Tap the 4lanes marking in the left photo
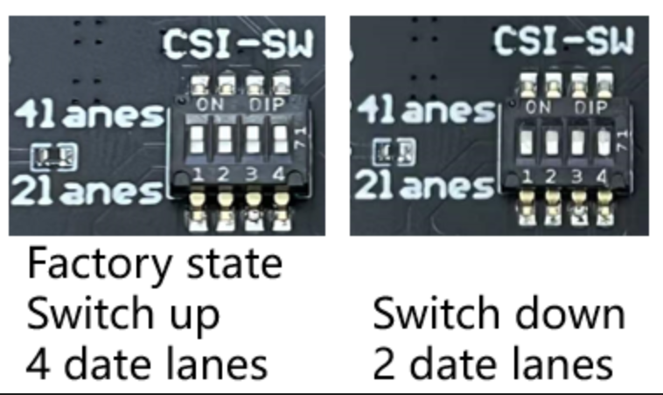point(88,116)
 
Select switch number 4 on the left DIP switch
point(279,138)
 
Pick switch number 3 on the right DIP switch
point(578,142)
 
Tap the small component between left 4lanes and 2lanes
point(53,156)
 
